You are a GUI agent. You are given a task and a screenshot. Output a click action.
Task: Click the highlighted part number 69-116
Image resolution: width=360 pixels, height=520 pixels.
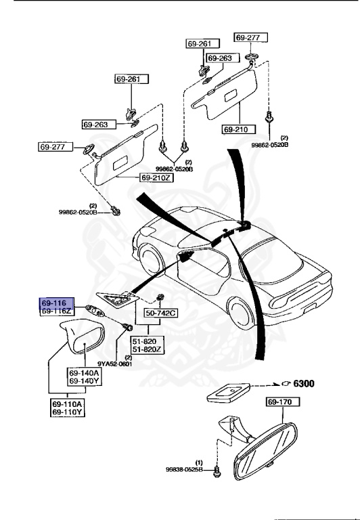click(x=53, y=304)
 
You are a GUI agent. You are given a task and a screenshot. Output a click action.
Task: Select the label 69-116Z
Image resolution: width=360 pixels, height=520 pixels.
click(x=54, y=312)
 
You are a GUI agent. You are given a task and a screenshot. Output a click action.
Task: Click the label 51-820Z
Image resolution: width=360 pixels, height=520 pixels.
click(x=148, y=349)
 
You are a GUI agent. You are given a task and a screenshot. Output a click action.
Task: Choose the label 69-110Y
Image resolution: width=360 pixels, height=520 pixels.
click(x=67, y=412)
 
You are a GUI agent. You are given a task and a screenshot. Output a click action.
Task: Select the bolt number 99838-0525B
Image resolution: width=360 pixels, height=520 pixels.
click(x=184, y=469)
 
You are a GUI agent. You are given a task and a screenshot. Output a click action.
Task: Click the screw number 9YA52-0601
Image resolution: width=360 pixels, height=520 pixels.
click(x=114, y=364)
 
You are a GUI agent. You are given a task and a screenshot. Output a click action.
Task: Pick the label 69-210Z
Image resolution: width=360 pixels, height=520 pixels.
click(x=157, y=177)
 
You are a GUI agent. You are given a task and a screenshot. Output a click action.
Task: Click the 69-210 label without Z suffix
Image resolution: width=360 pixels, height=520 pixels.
click(x=237, y=129)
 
